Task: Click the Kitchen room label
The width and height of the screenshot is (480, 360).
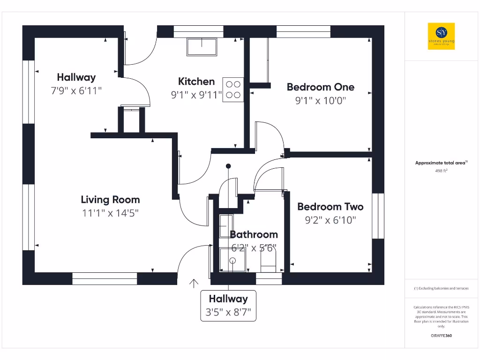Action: [196, 82]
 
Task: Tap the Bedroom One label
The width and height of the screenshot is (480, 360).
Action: [320, 87]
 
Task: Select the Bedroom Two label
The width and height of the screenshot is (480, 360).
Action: [330, 207]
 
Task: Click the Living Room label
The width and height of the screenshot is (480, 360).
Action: [110, 200]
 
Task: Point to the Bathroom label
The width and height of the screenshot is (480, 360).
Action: [254, 234]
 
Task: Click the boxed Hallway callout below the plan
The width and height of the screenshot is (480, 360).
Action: [228, 305]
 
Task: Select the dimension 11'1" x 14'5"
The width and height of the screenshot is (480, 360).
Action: [110, 213]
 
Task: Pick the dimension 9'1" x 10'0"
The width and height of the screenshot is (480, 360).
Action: [320, 100]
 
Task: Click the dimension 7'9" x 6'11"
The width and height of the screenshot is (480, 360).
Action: [76, 90]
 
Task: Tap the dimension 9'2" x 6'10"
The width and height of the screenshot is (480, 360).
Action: [330, 220]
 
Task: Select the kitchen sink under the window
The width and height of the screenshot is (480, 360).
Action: [202, 47]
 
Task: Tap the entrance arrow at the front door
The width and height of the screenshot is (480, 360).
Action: [193, 283]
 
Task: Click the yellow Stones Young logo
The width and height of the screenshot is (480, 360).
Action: [441, 36]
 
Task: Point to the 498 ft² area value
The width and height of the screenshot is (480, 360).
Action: [441, 171]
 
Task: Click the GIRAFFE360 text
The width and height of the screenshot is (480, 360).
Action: [441, 336]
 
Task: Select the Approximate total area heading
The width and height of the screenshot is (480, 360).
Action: [441, 163]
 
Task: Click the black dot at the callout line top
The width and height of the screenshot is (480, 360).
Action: [228, 166]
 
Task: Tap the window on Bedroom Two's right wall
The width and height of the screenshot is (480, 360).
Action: [378, 216]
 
